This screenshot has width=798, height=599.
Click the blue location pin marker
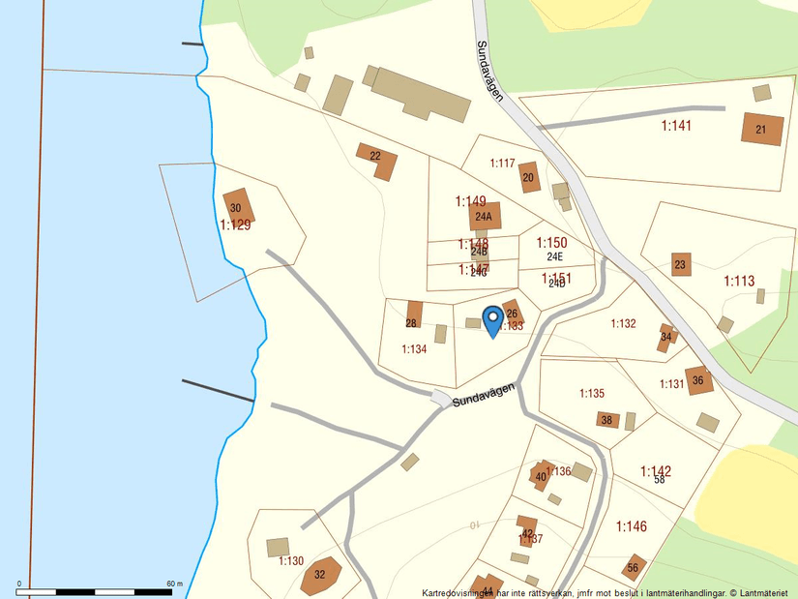point(492,319)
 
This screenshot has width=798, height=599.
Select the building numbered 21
point(762,130)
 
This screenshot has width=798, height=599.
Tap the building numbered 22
point(378,160)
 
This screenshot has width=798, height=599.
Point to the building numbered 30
point(237,207)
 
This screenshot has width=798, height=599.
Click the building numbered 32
point(320,575)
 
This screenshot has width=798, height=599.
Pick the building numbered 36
point(698,380)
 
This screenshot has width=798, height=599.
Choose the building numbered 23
point(681,264)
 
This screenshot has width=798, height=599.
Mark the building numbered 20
point(528,177)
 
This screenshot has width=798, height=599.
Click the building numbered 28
point(413,315)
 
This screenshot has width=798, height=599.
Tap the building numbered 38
point(607,420)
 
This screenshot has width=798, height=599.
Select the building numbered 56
point(634,566)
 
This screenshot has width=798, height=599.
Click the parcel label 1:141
point(677,126)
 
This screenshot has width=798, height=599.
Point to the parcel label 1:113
point(739,282)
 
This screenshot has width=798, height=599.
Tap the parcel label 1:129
point(235,225)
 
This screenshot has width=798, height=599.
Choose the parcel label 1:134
point(414,348)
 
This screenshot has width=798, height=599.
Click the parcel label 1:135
point(592,393)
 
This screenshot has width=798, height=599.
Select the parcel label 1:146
point(632,526)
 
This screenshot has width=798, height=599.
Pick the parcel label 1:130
point(291,560)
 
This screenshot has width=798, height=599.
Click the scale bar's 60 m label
point(175,584)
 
